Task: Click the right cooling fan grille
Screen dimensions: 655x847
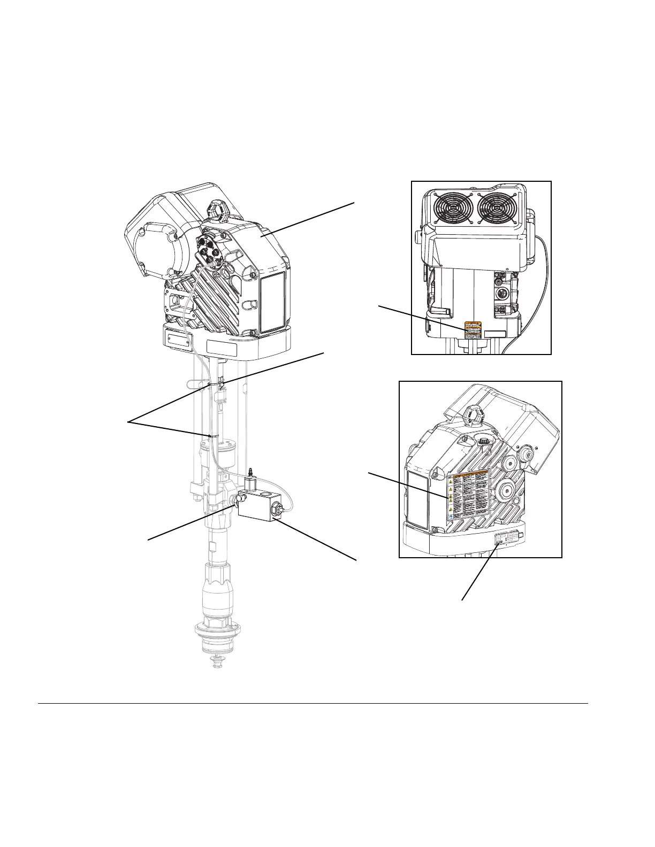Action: tap(496, 207)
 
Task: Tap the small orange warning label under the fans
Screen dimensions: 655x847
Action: tap(473, 330)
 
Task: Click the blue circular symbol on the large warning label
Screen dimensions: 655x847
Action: tap(451, 518)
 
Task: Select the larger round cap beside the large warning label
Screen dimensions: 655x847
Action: tap(506, 490)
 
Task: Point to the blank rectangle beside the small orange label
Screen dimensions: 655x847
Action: tap(495, 334)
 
